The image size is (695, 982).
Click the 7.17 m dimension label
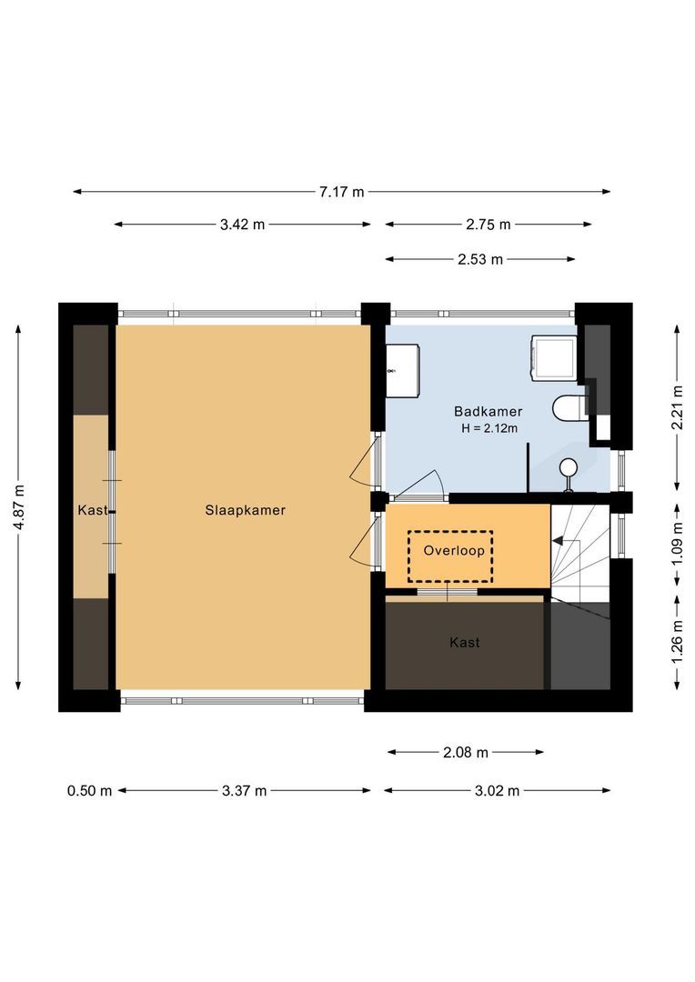[x=341, y=192]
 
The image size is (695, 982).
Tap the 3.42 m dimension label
[x=242, y=225]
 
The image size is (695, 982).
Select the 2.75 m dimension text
[x=488, y=225]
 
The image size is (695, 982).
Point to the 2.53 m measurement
[x=480, y=259]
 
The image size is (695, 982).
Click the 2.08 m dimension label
[x=466, y=752]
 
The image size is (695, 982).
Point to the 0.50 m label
[x=89, y=791]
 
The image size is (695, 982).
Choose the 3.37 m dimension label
[x=244, y=791]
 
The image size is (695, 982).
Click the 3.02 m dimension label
[x=497, y=791]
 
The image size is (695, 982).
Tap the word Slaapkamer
[x=245, y=510]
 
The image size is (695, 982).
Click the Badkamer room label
[x=488, y=412]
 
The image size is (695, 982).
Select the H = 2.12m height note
[x=488, y=428]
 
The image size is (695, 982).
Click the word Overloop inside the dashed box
[x=450, y=550]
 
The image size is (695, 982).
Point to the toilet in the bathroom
[x=570, y=408]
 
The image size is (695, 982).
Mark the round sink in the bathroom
[x=569, y=468]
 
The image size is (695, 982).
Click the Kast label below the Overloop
[x=464, y=642]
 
